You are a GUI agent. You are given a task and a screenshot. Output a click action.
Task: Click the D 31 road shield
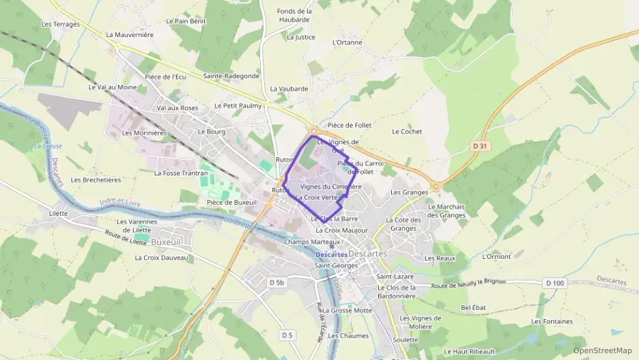pyautogui.click(x=481, y=146)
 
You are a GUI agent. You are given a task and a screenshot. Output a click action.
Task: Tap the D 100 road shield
pyautogui.click(x=555, y=283)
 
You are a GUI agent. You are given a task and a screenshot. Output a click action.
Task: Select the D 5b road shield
pyautogui.click(x=276, y=282)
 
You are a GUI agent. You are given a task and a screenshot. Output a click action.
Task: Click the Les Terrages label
pyautogui.click(x=61, y=24)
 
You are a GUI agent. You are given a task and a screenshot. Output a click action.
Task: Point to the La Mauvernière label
pyautogui.click(x=130, y=34)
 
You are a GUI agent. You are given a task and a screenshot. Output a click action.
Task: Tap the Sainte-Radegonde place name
pyautogui.click(x=231, y=76)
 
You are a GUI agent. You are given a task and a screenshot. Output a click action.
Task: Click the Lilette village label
pyautogui.click(x=58, y=213)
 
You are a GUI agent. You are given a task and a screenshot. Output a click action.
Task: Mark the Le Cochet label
pyautogui.click(x=407, y=131)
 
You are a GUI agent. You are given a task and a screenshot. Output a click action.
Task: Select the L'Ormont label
pyautogui.click(x=496, y=257)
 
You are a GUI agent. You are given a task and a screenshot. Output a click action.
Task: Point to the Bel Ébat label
pyautogui.click(x=473, y=307)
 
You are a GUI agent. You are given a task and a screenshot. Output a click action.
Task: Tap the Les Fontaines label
pyautogui.click(x=552, y=321)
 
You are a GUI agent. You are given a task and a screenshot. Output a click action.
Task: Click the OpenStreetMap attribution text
pyautogui.click(x=602, y=350)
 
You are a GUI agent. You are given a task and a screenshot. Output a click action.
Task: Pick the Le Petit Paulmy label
pyautogui.click(x=238, y=106)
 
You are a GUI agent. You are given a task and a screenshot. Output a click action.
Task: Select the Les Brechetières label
pyautogui.click(x=96, y=180)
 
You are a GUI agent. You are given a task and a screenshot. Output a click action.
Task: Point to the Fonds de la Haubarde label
pyautogui.click(x=295, y=15)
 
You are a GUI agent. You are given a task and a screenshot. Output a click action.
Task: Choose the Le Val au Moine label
pyautogui.click(x=113, y=87)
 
